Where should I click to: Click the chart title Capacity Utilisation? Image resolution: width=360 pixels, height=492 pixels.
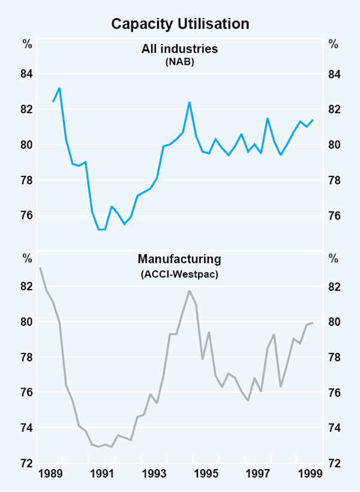click(180, 24)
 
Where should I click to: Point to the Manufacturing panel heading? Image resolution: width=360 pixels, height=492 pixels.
click(179, 259)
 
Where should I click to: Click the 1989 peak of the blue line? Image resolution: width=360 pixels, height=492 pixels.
click(59, 88)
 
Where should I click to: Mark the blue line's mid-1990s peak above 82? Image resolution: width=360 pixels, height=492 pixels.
click(190, 103)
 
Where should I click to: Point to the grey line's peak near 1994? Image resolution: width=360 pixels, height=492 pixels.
click(190, 291)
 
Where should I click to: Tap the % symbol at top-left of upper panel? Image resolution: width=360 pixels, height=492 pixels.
click(27, 44)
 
